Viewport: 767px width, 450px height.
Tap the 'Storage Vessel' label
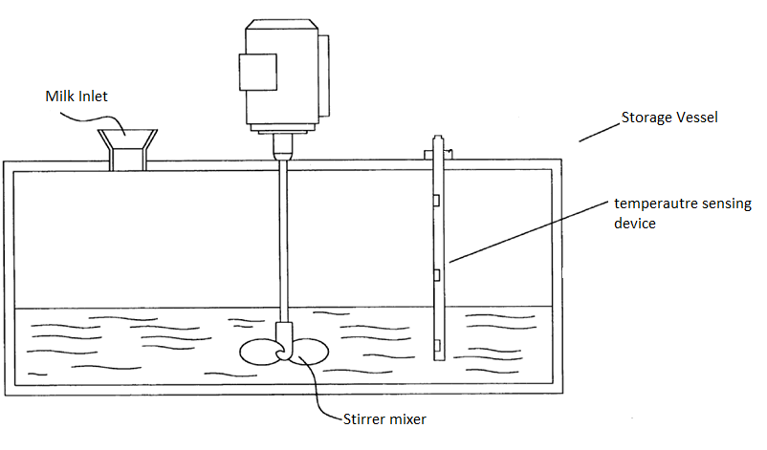(669, 118)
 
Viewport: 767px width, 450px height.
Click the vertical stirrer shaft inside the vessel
(284, 239)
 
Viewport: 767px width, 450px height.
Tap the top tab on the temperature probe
(436, 200)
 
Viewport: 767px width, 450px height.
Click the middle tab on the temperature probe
(436, 275)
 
